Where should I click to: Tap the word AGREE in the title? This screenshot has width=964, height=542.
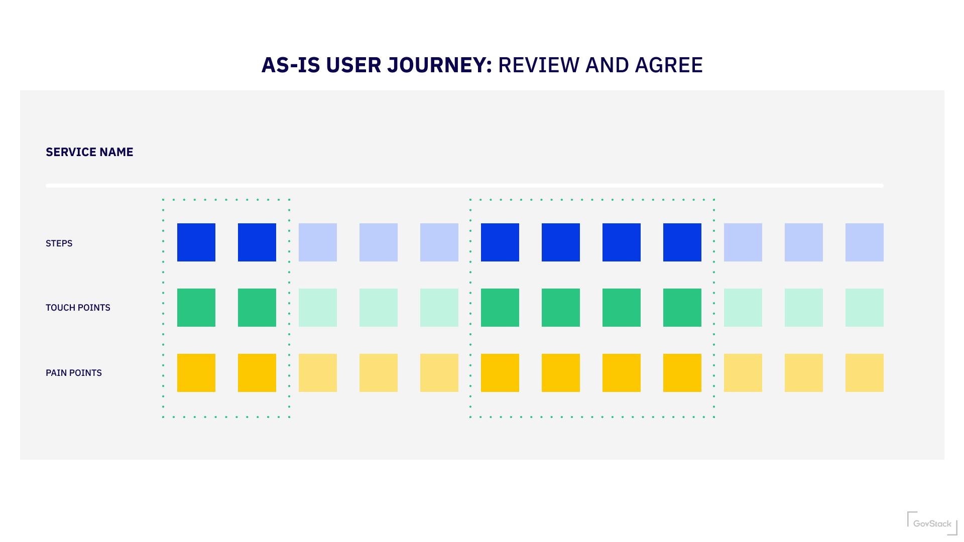[x=669, y=65]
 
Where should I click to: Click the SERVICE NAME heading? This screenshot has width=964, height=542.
[x=89, y=152]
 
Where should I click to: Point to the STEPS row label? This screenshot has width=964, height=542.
[x=59, y=243]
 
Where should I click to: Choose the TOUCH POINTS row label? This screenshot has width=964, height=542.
[x=78, y=308]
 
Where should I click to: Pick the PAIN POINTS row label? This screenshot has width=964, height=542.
[x=74, y=373]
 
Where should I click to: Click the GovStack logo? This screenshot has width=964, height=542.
[x=932, y=523]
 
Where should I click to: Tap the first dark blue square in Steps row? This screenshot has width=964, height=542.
[x=196, y=242]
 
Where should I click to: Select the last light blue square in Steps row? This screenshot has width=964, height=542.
[x=865, y=242]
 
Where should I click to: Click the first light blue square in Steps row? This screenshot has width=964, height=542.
[x=318, y=242]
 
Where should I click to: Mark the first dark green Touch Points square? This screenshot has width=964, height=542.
[x=196, y=308]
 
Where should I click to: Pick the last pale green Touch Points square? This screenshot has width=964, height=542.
[x=865, y=308]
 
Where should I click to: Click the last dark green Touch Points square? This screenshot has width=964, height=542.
[x=682, y=308]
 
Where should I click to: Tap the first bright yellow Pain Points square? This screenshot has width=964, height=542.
[x=196, y=373]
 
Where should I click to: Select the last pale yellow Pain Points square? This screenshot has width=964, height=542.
[x=865, y=373]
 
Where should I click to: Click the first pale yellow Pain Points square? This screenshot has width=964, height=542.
[x=318, y=373]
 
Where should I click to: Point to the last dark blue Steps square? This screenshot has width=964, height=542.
[x=682, y=242]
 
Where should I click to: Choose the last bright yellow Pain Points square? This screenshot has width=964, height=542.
[x=682, y=373]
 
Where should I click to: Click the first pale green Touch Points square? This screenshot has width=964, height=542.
[x=318, y=308]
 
